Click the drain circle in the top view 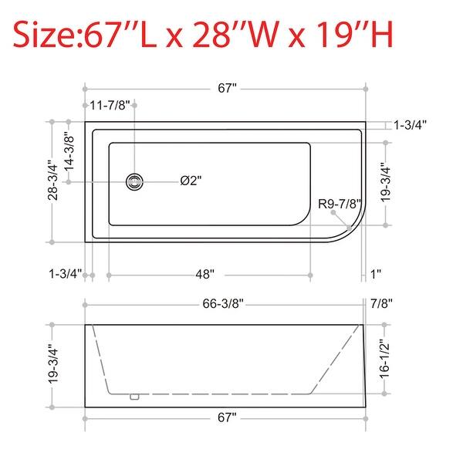coord(135,181)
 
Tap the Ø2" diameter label coord(191,181)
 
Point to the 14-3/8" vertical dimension coord(69,151)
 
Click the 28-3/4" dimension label coord(52,180)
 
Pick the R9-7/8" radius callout coord(340,204)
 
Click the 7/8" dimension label coord(381,303)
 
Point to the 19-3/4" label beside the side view coord(52,365)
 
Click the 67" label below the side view coord(226,417)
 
